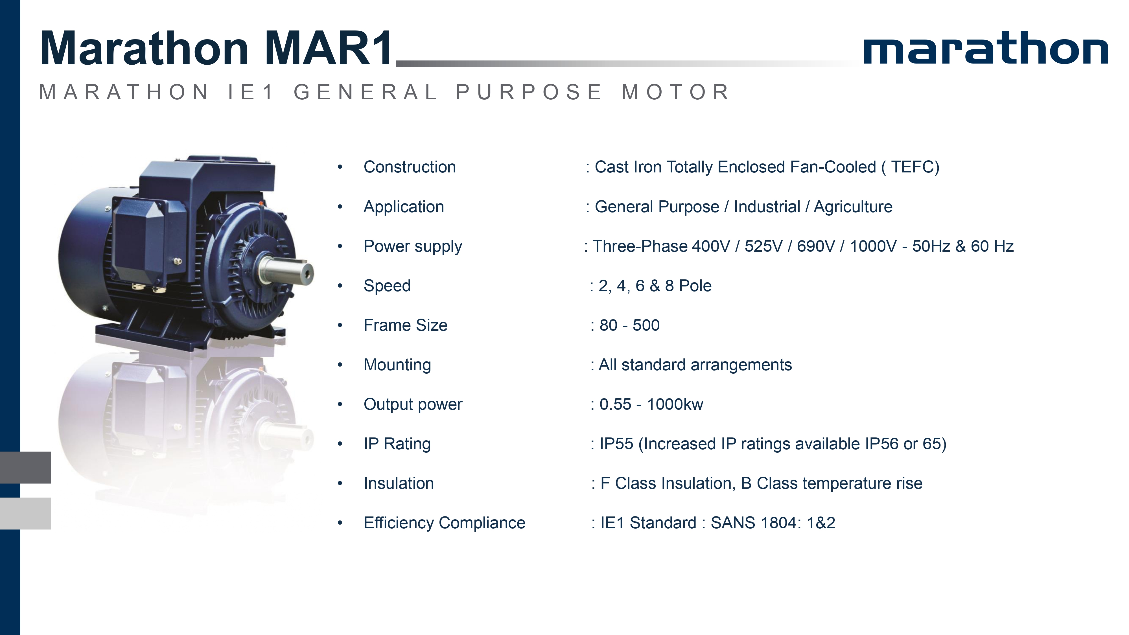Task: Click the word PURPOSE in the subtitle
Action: click(529, 92)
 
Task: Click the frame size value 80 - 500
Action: click(629, 325)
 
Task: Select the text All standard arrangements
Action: click(695, 365)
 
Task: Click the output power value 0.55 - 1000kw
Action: click(651, 404)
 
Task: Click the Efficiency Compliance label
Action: click(445, 523)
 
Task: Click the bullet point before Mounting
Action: click(340, 365)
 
